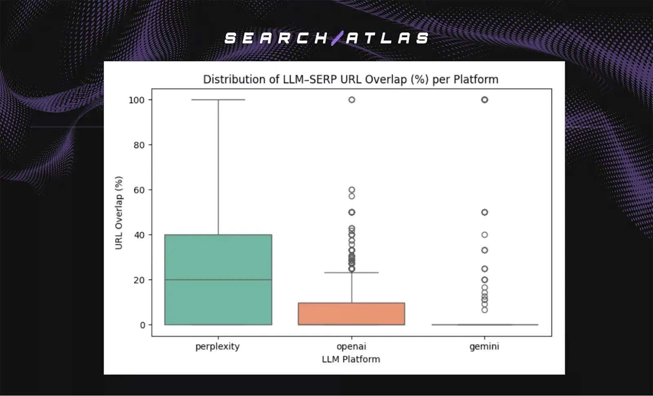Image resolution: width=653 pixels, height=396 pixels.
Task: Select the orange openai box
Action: coord(351,314)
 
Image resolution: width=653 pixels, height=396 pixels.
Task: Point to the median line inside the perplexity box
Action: coord(218,280)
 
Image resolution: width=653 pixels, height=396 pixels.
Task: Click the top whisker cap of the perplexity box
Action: coord(218,100)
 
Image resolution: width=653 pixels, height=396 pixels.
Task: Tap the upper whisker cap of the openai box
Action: coord(351,272)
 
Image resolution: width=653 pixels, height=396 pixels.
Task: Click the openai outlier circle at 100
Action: coord(351,100)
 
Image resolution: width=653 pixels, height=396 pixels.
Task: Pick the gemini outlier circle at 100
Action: coord(484,100)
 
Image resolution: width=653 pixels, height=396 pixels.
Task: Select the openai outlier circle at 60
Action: coord(351,190)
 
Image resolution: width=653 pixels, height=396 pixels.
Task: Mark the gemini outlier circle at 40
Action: coord(484,235)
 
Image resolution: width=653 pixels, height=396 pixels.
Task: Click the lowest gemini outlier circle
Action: coord(484,310)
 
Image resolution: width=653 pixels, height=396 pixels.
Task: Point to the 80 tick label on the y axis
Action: coord(139,145)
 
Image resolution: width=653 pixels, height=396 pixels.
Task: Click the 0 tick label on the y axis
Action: coord(142,325)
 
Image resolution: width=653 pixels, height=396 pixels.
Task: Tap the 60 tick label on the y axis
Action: coord(139,190)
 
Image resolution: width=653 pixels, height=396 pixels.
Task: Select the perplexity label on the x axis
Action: coord(218,347)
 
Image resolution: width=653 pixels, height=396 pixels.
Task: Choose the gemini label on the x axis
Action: coord(484,347)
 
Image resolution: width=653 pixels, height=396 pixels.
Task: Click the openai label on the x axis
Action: coord(351,347)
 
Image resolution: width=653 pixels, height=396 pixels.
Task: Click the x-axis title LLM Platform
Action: coord(351,359)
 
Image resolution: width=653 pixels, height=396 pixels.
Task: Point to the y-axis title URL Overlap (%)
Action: coord(119,212)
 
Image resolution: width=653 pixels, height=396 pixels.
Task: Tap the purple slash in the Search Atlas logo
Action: coord(337,38)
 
